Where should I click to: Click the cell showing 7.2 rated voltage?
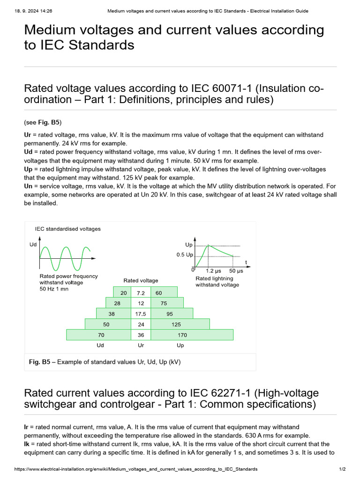[x=141, y=293]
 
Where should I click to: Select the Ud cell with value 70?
[x=101, y=335]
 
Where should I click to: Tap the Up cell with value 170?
[x=182, y=335]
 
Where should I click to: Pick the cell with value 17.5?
[x=141, y=314]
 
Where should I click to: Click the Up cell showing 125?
[x=176, y=324]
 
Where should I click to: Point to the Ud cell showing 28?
[x=117, y=303]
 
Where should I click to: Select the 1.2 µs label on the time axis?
[x=213, y=271]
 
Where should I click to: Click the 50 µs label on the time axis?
[x=236, y=271]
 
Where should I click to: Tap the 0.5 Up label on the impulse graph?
[x=184, y=255]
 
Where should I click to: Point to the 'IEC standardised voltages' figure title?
[x=68, y=229]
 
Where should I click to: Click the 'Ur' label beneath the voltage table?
[x=141, y=345]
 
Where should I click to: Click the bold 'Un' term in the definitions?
[x=28, y=186]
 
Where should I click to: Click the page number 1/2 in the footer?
[x=342, y=469]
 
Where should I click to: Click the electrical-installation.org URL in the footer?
[x=136, y=469]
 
